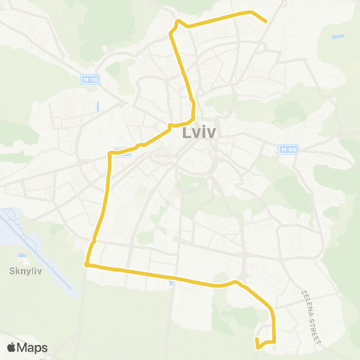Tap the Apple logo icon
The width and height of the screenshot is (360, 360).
(x=12, y=347)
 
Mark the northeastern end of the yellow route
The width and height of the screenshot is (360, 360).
(x=266, y=20)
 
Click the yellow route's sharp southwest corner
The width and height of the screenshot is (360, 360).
(x=86, y=264)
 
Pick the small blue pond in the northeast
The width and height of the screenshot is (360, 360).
(x=338, y=36)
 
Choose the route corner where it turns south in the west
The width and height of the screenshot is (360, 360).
(x=111, y=154)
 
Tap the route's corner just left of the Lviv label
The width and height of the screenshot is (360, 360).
(x=172, y=124)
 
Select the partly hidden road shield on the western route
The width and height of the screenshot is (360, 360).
(x=122, y=151)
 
